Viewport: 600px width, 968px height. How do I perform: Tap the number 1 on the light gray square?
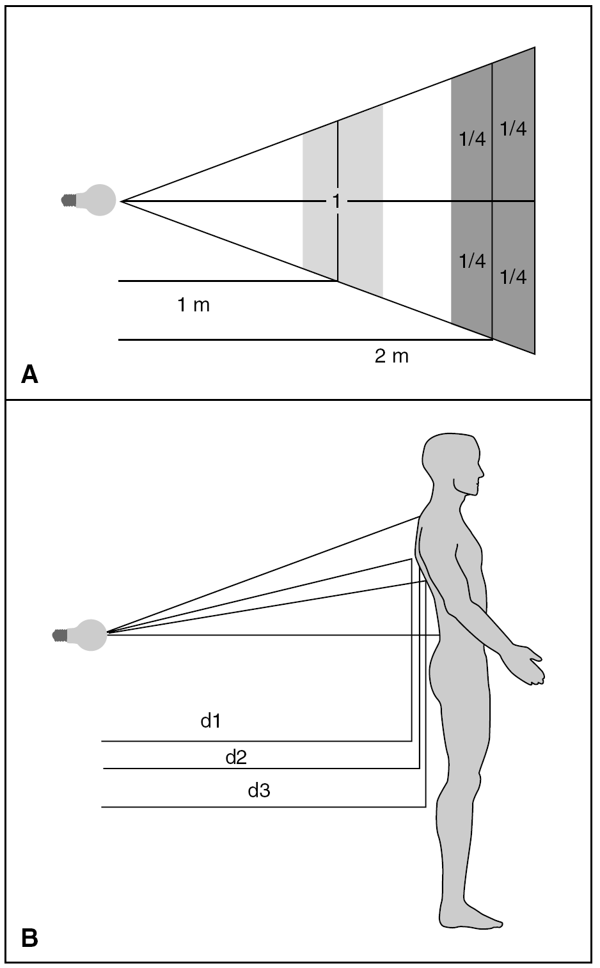tap(336, 201)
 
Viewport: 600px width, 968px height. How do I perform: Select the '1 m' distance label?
tap(193, 305)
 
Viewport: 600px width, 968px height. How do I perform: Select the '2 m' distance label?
tap(391, 356)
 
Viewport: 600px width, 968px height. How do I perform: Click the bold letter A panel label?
tap(29, 374)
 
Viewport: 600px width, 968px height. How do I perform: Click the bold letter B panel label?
tap(29, 938)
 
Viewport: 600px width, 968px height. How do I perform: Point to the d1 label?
tap(210, 721)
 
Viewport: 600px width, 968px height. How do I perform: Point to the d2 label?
tap(236, 758)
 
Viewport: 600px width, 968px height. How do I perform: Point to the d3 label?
tap(259, 791)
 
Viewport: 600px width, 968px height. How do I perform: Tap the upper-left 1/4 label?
tap(472, 139)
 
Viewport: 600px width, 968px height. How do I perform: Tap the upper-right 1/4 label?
tap(513, 129)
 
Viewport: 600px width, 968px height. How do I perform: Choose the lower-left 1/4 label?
tap(472, 260)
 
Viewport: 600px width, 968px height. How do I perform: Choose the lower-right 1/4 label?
tap(513, 277)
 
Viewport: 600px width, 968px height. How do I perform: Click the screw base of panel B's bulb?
tap(59, 635)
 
